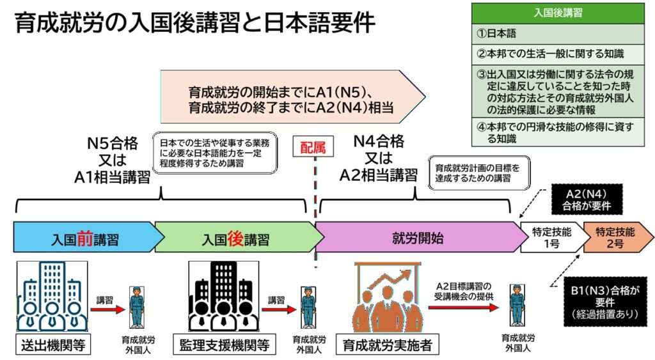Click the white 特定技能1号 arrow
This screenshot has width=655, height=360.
click(x=549, y=238)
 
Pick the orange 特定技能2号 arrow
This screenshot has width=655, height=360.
click(x=614, y=238)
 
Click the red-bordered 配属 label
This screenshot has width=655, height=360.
click(x=313, y=148)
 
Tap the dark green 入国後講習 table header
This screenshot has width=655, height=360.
click(x=557, y=12)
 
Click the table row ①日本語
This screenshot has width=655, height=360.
click(x=557, y=33)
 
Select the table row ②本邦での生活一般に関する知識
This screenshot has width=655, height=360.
click(x=557, y=54)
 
